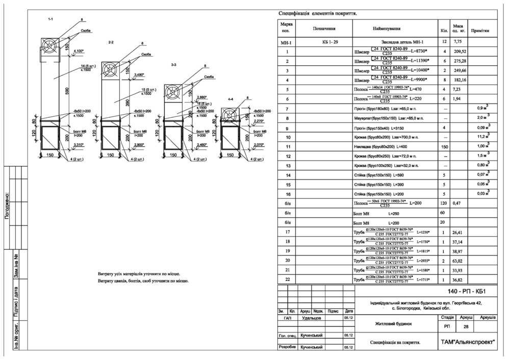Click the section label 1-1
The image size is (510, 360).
pyautogui.click(x=50, y=19)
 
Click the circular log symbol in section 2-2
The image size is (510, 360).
pyautogui.click(x=111, y=69)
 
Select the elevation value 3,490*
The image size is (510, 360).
pyautogui.click(x=138, y=75)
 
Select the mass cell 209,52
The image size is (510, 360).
pyautogui.click(x=460, y=52)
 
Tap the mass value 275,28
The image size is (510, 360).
pyautogui.click(x=460, y=61)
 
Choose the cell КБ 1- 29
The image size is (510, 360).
pyautogui.click(x=330, y=42)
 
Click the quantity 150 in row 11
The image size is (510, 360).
pyautogui.click(x=443, y=146)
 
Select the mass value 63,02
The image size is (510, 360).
pyautogui.click(x=460, y=261)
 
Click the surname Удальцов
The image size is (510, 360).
pyautogui.click(x=310, y=318)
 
